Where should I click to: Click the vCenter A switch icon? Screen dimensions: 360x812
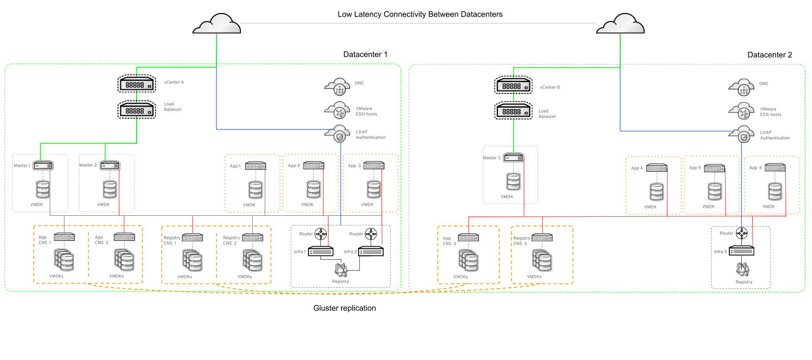136,84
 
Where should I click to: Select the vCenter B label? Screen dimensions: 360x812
549,87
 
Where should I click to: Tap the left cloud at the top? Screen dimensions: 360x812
217,24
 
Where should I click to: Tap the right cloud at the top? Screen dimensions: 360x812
620,24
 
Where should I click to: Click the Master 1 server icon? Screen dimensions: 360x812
43,166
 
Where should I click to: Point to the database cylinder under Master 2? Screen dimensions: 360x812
110,189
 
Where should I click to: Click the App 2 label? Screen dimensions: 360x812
294,166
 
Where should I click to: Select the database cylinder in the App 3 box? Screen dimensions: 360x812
374,189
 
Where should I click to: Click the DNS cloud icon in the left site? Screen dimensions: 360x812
338,87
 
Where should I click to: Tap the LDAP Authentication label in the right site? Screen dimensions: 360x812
775,135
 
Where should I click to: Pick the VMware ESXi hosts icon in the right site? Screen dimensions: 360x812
742,112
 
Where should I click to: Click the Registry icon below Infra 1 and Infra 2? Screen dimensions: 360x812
341,270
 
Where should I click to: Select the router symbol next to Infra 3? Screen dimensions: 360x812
742,234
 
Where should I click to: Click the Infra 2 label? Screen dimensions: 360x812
350,252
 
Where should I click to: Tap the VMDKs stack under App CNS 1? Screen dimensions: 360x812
64,260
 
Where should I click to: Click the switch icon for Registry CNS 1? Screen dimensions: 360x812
192,237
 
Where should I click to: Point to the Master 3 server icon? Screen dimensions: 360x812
513,158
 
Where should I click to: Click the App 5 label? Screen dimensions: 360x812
694,168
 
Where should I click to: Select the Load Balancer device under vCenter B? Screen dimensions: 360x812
513,112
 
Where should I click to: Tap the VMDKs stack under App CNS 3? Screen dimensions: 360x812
468,260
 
